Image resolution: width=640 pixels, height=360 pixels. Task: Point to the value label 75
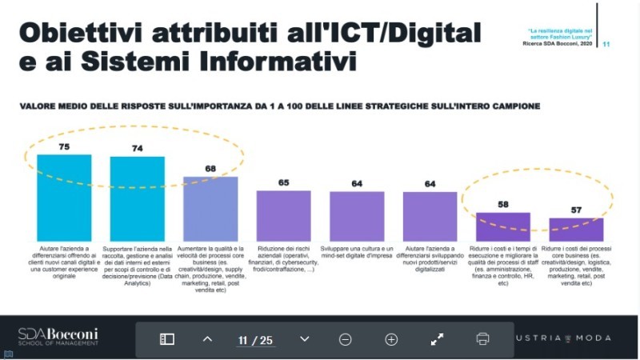coord(65,146)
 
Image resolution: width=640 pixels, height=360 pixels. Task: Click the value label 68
coord(210,168)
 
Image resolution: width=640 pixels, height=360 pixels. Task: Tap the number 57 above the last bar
coord(576,210)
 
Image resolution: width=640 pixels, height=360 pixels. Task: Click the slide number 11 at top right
coord(606,44)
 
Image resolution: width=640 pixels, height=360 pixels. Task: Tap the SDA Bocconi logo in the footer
coord(58,336)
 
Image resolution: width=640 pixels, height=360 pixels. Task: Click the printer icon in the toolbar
coord(482,338)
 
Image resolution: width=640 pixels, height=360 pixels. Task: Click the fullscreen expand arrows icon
coord(437,338)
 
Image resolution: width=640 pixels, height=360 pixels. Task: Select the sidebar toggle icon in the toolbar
coord(167,339)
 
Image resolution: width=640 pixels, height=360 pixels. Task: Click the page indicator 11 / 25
coord(255,340)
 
